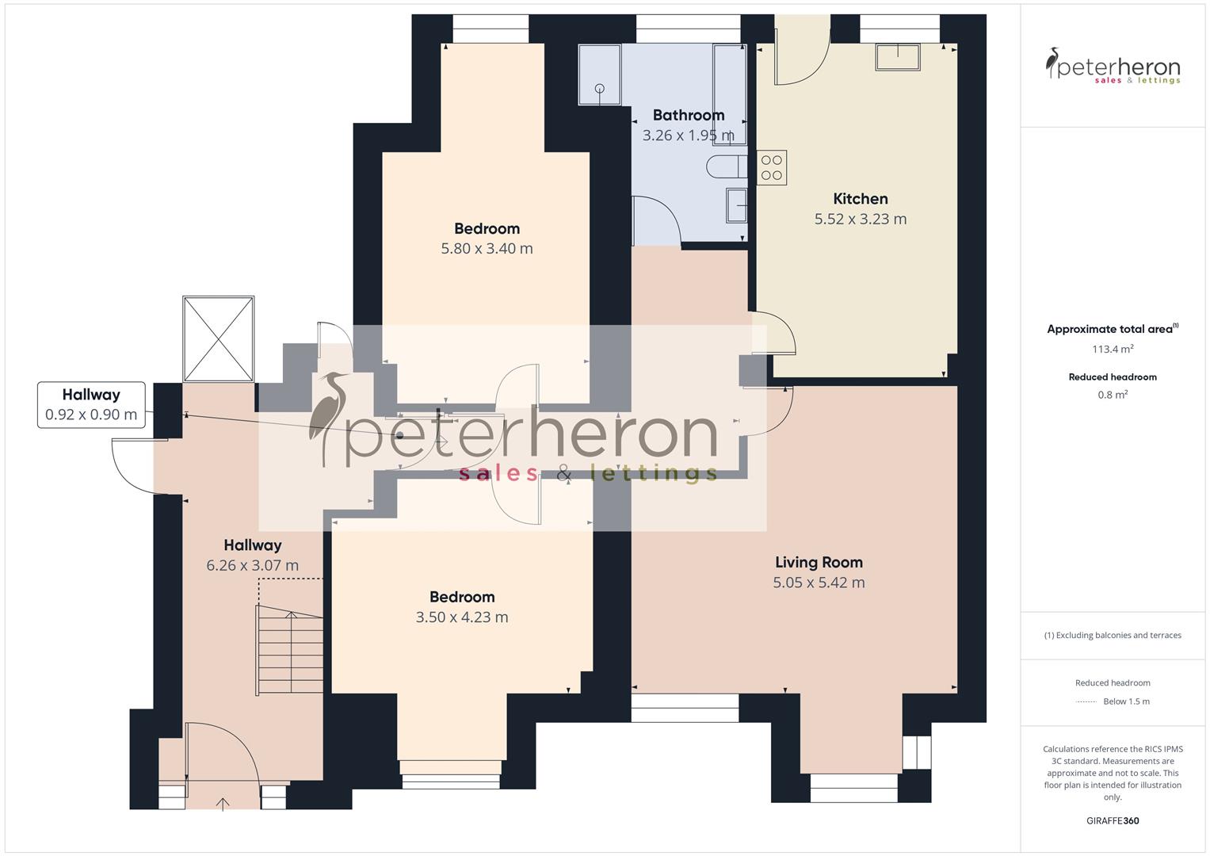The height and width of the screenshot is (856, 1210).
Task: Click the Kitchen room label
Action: [x=860, y=199]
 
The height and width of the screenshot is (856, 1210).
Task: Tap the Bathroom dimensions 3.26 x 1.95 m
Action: [x=688, y=136]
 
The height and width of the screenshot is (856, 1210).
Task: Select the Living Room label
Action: [x=819, y=563]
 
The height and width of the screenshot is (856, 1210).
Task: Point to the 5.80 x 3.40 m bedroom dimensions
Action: [x=487, y=249]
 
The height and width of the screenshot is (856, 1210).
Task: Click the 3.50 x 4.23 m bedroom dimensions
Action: [x=462, y=617]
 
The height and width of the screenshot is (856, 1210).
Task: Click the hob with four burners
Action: [x=772, y=167]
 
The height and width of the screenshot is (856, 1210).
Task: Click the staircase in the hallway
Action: [x=290, y=650]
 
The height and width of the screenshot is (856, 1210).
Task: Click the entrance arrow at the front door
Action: [x=223, y=804]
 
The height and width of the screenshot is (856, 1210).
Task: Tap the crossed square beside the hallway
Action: [x=218, y=339]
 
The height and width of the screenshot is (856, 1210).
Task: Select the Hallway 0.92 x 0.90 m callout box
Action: [x=91, y=405]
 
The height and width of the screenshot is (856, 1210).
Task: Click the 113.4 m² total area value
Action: [x=1113, y=350]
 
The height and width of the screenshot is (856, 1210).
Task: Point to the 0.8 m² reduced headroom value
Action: [x=1113, y=395]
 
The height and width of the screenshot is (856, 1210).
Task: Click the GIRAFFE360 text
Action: [x=1113, y=821]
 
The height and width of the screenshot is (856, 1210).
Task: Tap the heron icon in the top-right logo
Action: [x=1053, y=63]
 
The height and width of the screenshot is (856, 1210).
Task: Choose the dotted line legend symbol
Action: [x=1086, y=702]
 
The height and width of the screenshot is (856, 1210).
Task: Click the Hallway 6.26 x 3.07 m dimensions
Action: [x=252, y=566]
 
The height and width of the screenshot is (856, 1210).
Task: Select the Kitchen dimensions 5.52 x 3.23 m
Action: [x=860, y=220]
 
